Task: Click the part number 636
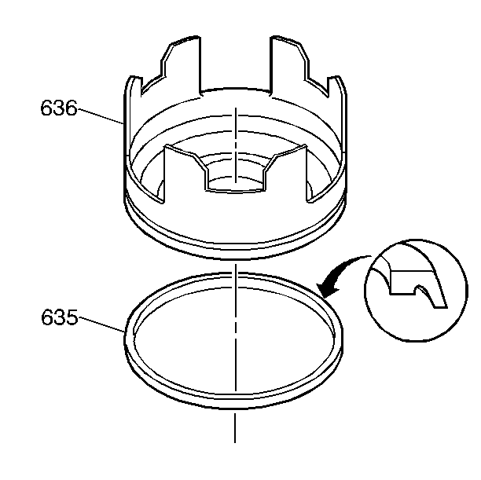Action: click(x=59, y=108)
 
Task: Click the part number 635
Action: click(x=59, y=317)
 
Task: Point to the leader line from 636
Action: click(x=101, y=116)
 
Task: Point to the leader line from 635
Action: click(x=101, y=324)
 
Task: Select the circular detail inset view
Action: click(x=416, y=290)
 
